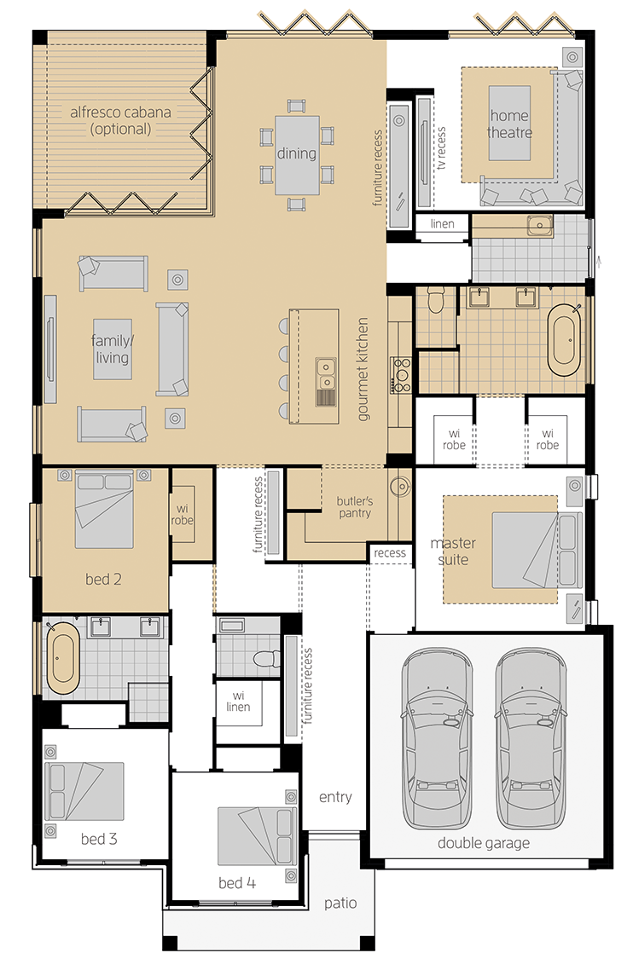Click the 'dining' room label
point(297,153)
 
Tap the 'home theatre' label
point(509,124)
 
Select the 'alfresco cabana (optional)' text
point(120,121)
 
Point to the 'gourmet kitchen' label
point(363,369)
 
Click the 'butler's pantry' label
point(355,506)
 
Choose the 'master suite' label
point(453,552)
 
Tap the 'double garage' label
point(484,843)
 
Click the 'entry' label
point(335,797)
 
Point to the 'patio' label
point(340,904)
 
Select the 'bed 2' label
point(103,580)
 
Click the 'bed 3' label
point(99,839)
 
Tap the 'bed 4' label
point(237,882)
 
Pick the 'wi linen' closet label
point(238,702)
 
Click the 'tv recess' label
point(441,148)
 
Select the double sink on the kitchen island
point(326,372)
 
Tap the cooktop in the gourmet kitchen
point(401,375)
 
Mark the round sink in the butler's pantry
point(398,486)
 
